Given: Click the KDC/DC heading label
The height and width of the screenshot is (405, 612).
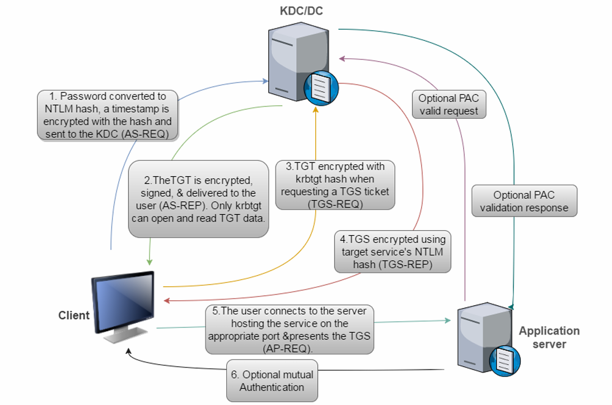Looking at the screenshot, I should pyautogui.click(x=301, y=11).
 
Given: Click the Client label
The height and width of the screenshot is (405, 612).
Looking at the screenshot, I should pyautogui.click(x=74, y=315).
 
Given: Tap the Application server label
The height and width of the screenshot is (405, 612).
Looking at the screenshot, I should pyautogui.click(x=549, y=337).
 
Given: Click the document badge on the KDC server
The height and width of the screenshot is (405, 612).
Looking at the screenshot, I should pyautogui.click(x=321, y=87).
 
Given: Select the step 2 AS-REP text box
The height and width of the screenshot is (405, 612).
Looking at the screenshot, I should pyautogui.click(x=199, y=199).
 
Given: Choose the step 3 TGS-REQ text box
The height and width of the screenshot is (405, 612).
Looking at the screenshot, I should pyautogui.click(x=335, y=185).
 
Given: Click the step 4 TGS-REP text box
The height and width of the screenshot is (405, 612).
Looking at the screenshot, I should pyautogui.click(x=391, y=252).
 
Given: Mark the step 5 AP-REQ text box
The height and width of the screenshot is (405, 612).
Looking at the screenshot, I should pyautogui.click(x=289, y=330).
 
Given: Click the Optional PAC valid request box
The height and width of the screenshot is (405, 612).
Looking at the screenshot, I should pyautogui.click(x=449, y=105).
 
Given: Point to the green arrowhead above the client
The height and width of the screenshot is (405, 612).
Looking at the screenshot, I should pyautogui.click(x=149, y=262).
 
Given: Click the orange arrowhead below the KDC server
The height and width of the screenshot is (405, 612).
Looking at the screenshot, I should pyautogui.click(x=316, y=110).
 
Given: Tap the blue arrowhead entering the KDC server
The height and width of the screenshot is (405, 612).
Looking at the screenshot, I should pyautogui.click(x=264, y=81).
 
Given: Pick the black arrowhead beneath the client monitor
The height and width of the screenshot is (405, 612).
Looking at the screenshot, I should pyautogui.click(x=129, y=353).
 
